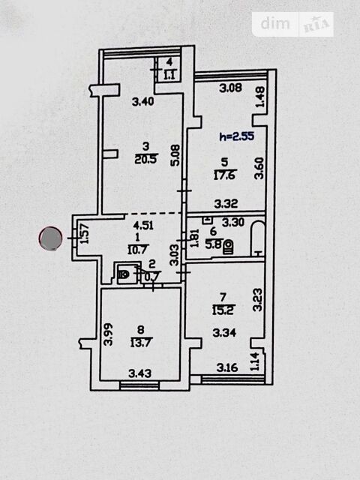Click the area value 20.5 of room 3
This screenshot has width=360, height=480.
pyautogui.click(x=145, y=159)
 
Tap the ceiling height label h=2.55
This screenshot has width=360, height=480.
pyautogui.click(x=237, y=136)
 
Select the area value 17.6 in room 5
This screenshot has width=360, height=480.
pyautogui.click(x=225, y=175)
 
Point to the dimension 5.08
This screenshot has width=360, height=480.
pyautogui.click(x=176, y=155)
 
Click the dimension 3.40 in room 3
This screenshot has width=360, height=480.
pyautogui.click(x=143, y=101)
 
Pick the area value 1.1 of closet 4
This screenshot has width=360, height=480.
pyautogui.click(x=169, y=75)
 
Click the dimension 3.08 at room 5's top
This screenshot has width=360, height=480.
pyautogui.click(x=231, y=88)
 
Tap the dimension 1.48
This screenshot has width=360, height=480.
pyautogui.click(x=260, y=97)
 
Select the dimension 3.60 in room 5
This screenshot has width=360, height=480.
pyautogui.click(x=259, y=168)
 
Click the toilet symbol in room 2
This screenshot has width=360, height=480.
pyautogui.click(x=123, y=274)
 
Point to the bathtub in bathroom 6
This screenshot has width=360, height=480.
pyautogui.click(x=258, y=238)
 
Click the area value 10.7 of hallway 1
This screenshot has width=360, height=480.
pyautogui.click(x=137, y=250)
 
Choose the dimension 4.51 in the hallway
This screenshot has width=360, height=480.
pyautogui.click(x=143, y=226)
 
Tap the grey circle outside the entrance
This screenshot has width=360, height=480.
pyautogui.click(x=50, y=238)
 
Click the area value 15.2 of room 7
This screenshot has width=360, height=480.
pyautogui.click(x=223, y=310)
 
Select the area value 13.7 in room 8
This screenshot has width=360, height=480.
pyautogui.click(x=141, y=343)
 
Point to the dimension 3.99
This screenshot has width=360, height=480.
pyautogui.click(x=108, y=334)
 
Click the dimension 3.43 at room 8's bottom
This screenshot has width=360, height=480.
pyautogui.click(x=139, y=373)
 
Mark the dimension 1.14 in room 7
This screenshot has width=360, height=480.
pyautogui.click(x=255, y=361)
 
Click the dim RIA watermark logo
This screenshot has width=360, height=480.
pyautogui.click(x=292, y=25)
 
